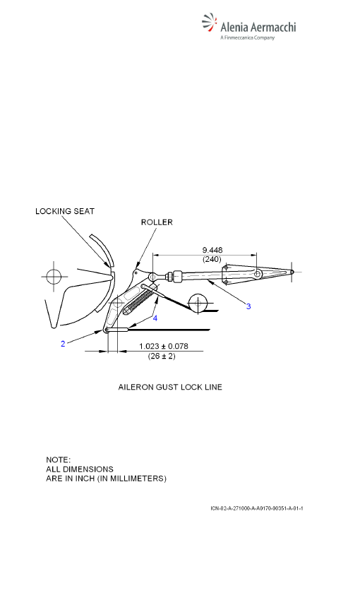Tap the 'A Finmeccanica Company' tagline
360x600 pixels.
247,37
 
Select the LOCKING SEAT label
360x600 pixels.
65,211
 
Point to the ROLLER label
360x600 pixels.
157,222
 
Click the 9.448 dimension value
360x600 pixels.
212,251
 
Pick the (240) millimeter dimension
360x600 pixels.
212,260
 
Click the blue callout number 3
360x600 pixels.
248,306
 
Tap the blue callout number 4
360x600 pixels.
155,318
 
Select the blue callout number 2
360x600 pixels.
63,344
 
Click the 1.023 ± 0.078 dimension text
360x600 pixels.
163,347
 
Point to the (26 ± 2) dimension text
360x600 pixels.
162,356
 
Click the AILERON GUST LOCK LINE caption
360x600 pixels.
170,387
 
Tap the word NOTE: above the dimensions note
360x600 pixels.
58,460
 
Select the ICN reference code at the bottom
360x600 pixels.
257,508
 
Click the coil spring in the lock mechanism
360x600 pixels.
139,301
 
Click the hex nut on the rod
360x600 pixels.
176,276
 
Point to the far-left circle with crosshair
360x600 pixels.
54,276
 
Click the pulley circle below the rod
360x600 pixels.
198,304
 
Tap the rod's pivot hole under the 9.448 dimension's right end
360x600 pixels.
258,273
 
